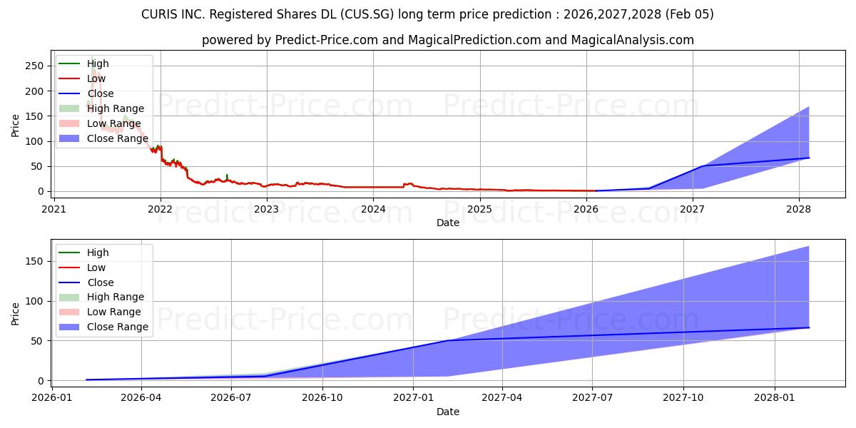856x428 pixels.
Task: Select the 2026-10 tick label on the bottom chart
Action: pos(322,397)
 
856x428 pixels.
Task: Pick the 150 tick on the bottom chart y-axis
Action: pos(36,262)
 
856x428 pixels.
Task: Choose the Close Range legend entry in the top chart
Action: pos(117,138)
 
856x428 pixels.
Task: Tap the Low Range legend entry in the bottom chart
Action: pos(113,312)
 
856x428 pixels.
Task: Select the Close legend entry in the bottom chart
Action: pos(100,282)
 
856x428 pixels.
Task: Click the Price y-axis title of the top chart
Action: pos(16,125)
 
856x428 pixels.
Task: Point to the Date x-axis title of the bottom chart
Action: pos(447,412)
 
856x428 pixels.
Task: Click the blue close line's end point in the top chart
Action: pos(808,158)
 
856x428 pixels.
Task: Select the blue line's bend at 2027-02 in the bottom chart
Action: pos(448,340)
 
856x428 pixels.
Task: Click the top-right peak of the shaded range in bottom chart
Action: pos(808,246)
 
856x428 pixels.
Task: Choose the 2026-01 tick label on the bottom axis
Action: pos(51,397)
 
